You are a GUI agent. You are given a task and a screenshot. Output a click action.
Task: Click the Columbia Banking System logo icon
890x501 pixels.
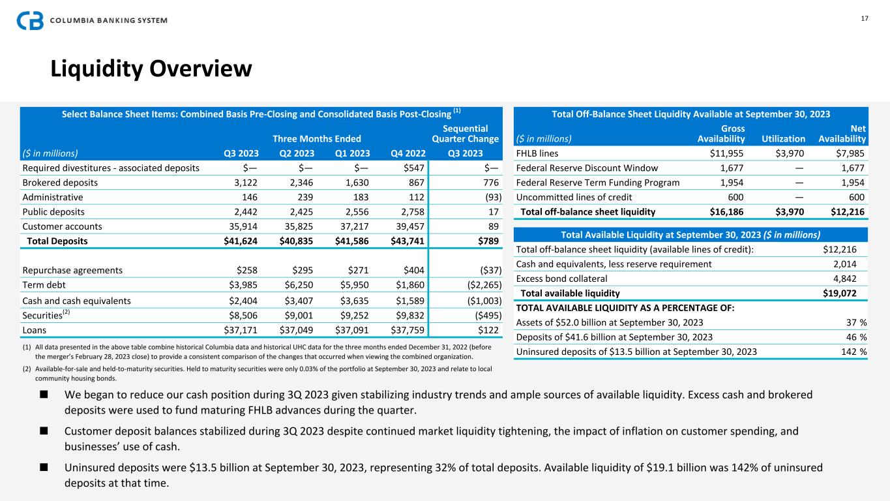point(30,20)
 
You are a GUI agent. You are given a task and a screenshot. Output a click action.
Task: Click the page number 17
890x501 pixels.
point(865,18)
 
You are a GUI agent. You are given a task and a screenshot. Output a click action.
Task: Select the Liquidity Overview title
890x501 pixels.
point(151,68)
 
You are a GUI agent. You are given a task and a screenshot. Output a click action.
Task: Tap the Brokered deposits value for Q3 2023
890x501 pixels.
point(246,183)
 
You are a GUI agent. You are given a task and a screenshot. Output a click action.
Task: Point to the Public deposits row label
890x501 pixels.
point(53,211)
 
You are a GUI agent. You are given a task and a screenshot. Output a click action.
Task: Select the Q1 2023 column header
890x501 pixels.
point(353,154)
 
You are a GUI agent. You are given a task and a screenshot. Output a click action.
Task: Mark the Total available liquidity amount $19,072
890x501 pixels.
point(840,293)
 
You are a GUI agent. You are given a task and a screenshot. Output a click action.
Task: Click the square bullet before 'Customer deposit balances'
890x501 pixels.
point(44,431)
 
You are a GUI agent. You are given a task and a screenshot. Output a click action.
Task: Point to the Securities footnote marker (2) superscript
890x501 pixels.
point(66,311)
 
